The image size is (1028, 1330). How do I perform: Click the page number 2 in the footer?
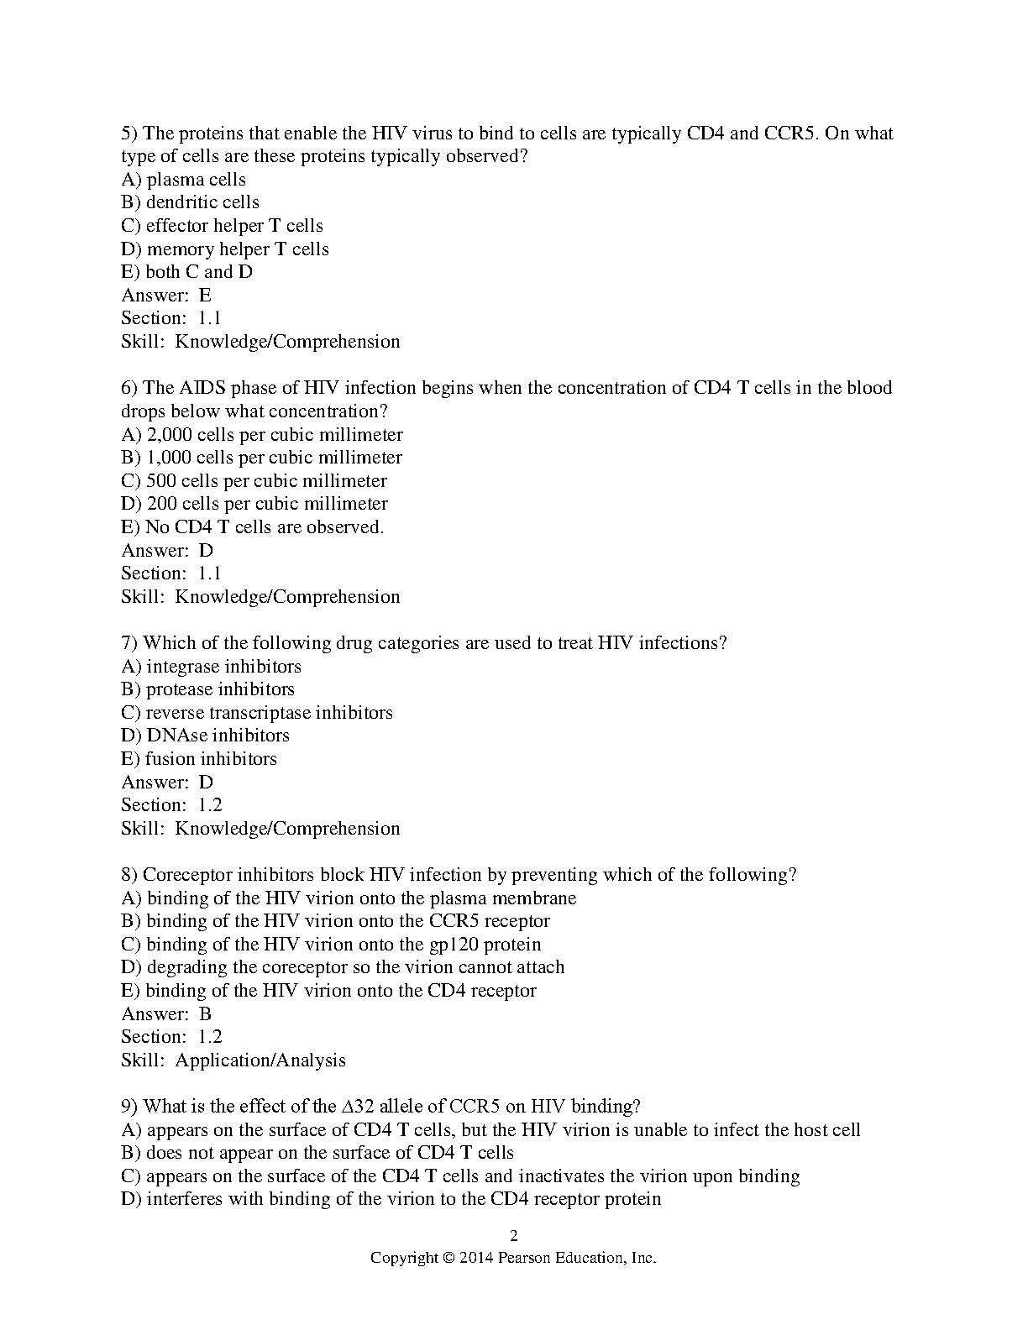(x=514, y=1235)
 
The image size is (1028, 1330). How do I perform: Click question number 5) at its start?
(x=129, y=134)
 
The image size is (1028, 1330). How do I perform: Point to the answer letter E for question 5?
(x=205, y=296)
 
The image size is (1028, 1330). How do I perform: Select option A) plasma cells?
(x=184, y=180)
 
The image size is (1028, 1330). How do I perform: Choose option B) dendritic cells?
(x=191, y=202)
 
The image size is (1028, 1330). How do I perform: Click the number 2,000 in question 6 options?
(x=169, y=435)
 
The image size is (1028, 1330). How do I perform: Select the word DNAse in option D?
(x=176, y=736)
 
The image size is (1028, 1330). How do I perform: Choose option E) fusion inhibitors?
(x=199, y=759)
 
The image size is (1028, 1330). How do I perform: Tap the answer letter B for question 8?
(x=205, y=1014)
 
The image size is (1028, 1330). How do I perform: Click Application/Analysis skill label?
(x=260, y=1060)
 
